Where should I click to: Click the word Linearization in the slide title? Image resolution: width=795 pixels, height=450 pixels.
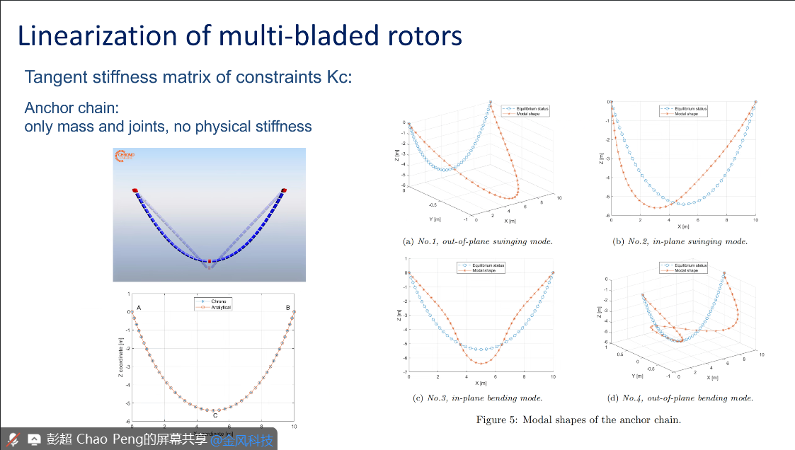point(93,35)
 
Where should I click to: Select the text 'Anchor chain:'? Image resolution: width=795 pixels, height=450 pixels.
point(72,108)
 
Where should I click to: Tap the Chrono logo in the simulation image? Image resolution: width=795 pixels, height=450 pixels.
point(125,156)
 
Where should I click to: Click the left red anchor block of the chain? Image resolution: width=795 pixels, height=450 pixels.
point(135,190)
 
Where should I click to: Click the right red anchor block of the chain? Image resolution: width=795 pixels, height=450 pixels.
point(284,190)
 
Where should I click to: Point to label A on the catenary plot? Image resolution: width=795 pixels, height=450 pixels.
point(139,308)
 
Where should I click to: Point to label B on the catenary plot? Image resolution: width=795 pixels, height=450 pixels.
point(287,308)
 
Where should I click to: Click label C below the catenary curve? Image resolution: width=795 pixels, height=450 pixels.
point(215,415)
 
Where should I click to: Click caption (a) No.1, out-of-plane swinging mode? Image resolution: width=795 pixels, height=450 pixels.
point(477,241)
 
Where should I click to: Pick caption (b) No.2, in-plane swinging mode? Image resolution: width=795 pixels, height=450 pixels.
point(680,241)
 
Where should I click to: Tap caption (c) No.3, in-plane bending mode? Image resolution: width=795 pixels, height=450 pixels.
point(477,398)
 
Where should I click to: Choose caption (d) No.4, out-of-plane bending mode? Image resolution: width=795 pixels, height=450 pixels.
point(680,398)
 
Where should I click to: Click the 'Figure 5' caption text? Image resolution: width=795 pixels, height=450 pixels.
point(578,420)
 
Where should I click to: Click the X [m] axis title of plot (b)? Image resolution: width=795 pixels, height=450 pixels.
point(683,226)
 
